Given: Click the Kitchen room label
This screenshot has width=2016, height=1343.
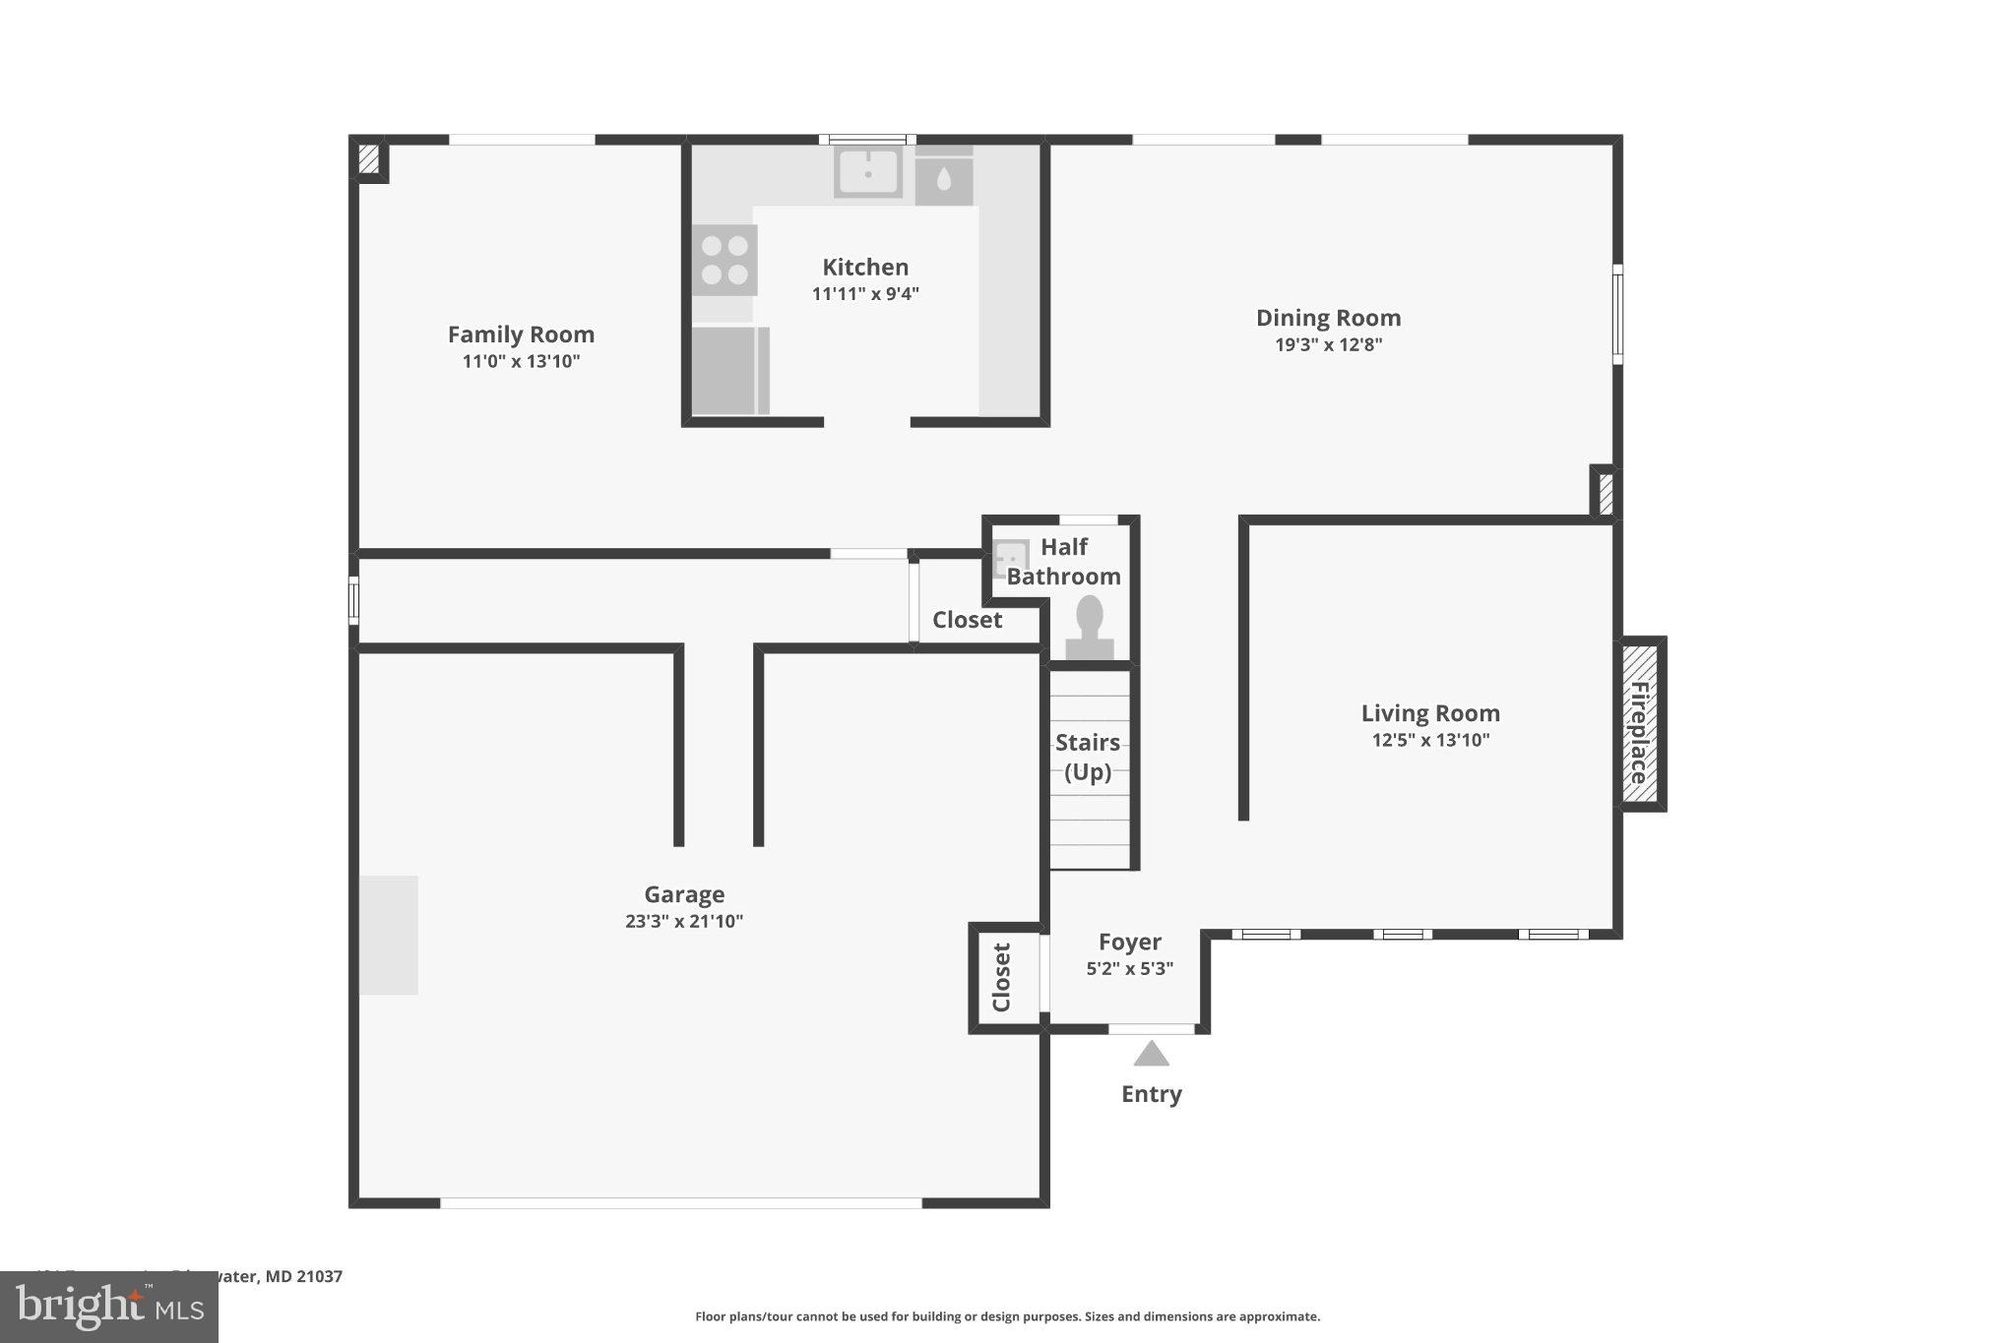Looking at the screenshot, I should [x=864, y=267].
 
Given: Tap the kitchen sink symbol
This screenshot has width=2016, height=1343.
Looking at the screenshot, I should [x=867, y=172].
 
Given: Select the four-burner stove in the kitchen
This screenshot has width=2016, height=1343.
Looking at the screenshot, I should [x=724, y=260].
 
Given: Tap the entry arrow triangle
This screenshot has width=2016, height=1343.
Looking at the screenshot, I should [x=1151, y=1055].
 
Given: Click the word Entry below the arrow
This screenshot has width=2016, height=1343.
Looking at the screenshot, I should [x=1151, y=1094].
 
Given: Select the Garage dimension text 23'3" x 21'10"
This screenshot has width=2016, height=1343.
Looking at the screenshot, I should [x=683, y=922].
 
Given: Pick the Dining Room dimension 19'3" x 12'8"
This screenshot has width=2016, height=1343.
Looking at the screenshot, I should [x=1328, y=344].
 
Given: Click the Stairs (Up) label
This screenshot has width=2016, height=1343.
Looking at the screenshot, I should [x=1087, y=757].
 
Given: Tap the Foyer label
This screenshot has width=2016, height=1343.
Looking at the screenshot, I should [x=1129, y=942].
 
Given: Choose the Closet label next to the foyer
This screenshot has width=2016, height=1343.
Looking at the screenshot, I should [x=1002, y=977].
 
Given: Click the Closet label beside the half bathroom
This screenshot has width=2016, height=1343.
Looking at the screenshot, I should [x=967, y=620].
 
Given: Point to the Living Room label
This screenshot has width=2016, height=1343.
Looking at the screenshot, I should [x=1429, y=713].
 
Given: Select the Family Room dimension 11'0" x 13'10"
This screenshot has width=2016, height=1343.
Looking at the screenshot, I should [x=521, y=361].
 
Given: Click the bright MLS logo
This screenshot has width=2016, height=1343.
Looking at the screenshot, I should [x=108, y=1308].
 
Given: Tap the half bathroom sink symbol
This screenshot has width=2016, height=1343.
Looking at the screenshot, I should [x=1011, y=558].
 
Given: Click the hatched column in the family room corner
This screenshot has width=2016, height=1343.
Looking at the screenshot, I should [x=368, y=159].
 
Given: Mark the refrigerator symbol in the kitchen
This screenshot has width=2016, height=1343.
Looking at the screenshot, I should [x=729, y=371].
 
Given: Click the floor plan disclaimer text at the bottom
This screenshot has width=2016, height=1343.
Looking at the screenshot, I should [x=1007, y=1316].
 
